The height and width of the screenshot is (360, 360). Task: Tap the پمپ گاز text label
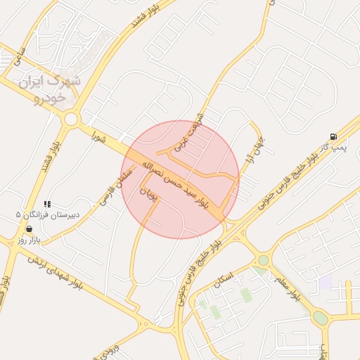337,148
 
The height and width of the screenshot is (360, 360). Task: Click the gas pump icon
332,136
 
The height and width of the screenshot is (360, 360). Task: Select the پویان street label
148,193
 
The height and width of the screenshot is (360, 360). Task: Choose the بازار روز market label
30,240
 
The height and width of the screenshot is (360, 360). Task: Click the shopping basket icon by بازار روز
29,229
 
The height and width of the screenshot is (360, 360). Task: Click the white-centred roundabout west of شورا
70,120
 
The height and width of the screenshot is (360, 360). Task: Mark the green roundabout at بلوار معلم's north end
263,260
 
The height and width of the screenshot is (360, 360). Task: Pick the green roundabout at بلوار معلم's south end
321,317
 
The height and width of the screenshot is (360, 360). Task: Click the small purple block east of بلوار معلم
324,282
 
